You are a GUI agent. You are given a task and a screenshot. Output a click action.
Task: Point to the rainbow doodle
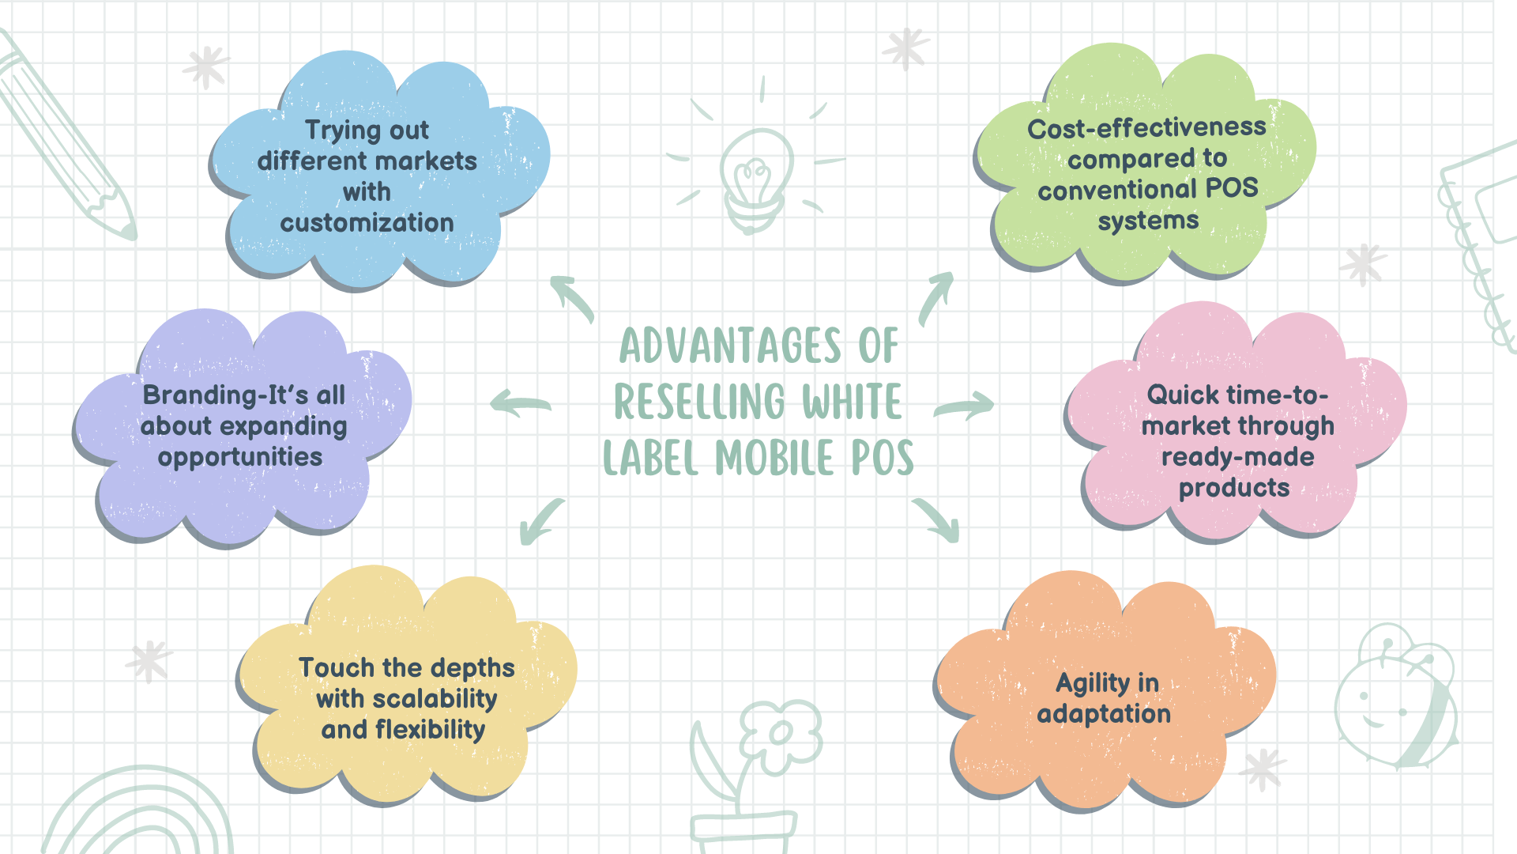[138, 814]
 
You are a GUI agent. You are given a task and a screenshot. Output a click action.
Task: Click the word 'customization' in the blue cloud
[367, 223]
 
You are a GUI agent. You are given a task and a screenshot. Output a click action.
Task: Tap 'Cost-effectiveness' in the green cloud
[1146, 128]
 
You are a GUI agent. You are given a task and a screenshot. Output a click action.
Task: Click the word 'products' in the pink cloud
[1234, 488]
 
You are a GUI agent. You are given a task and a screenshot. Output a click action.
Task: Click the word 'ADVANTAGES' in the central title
[731, 346]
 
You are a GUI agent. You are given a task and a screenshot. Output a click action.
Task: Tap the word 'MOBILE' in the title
[775, 459]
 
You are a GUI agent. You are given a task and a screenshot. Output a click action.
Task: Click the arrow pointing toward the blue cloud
[572, 298]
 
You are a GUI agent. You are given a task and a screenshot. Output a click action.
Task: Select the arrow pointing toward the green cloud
[937, 297]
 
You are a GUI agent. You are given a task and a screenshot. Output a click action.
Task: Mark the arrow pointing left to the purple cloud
[520, 403]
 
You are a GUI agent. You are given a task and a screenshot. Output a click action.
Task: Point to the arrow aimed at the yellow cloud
[541, 522]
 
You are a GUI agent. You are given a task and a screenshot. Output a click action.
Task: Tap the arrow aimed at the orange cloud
[937, 520]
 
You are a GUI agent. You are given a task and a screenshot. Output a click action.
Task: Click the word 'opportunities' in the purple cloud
[240, 457]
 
